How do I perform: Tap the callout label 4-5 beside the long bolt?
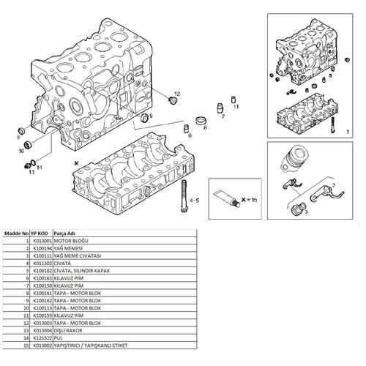point(194,199)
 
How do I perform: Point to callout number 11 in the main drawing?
point(236,107)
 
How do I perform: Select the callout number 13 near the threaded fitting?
point(31,173)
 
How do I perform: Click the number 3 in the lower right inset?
point(306,212)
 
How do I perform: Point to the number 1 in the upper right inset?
point(345,129)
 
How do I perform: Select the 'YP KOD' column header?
point(40,234)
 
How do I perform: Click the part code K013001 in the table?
point(41,241)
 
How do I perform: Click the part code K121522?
point(41,338)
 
